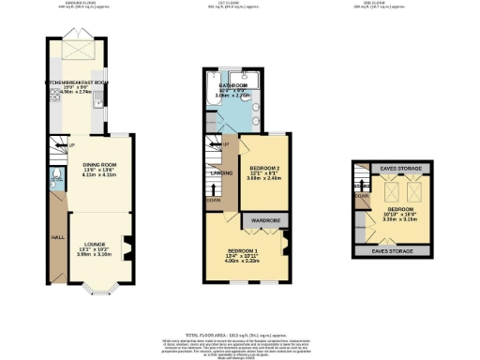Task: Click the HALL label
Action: point(56,237)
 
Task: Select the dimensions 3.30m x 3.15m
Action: point(399,221)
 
